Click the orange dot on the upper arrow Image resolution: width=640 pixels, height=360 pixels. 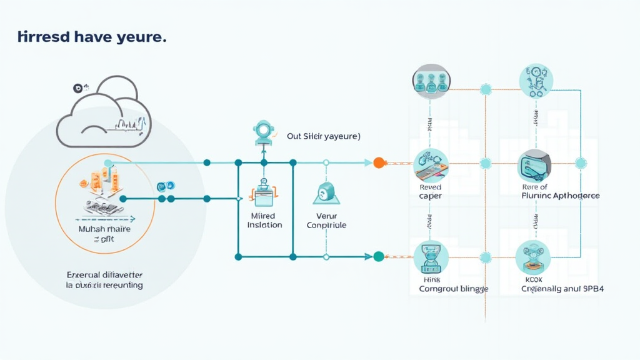(378, 162)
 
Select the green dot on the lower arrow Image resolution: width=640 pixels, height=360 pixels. (378, 256)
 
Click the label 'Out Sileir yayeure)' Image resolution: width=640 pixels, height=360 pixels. (323, 136)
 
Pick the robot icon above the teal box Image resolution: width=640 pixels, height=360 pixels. (263, 132)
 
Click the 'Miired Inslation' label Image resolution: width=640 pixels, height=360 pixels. (265, 220)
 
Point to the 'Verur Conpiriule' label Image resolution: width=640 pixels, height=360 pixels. (326, 220)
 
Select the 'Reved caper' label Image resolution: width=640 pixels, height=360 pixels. (430, 191)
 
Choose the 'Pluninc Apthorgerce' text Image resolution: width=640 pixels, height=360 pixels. (560, 196)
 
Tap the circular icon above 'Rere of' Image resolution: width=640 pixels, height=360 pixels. (536, 166)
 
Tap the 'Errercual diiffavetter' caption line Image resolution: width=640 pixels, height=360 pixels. (104, 274)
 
